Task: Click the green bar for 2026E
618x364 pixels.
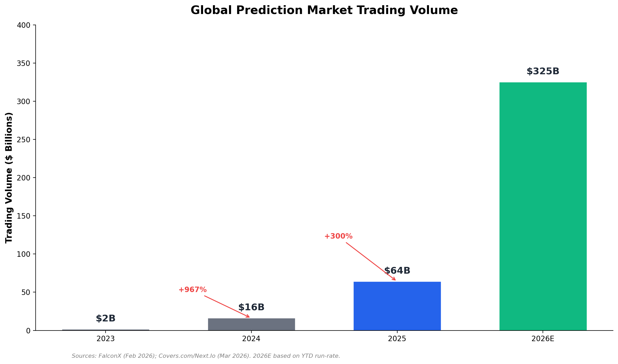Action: click(543, 206)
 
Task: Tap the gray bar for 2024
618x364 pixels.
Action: click(251, 324)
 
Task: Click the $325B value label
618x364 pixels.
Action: click(543, 71)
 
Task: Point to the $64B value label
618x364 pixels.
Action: click(397, 271)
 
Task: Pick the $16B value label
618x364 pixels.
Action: click(251, 307)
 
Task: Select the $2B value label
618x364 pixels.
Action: click(106, 319)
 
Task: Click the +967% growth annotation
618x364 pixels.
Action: click(192, 290)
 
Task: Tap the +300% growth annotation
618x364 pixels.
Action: click(338, 237)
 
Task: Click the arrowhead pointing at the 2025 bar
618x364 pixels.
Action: click(394, 279)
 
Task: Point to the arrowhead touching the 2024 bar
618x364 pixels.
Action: click(248, 316)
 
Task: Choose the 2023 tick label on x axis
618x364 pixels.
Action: click(106, 339)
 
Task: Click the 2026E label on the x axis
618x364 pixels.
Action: click(543, 339)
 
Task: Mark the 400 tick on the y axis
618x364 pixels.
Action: click(23, 25)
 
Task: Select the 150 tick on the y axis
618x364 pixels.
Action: click(23, 216)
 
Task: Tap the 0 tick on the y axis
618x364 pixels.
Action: click(28, 331)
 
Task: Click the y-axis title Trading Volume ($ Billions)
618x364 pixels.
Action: click(9, 178)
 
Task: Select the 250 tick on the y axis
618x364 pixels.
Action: click(23, 140)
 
